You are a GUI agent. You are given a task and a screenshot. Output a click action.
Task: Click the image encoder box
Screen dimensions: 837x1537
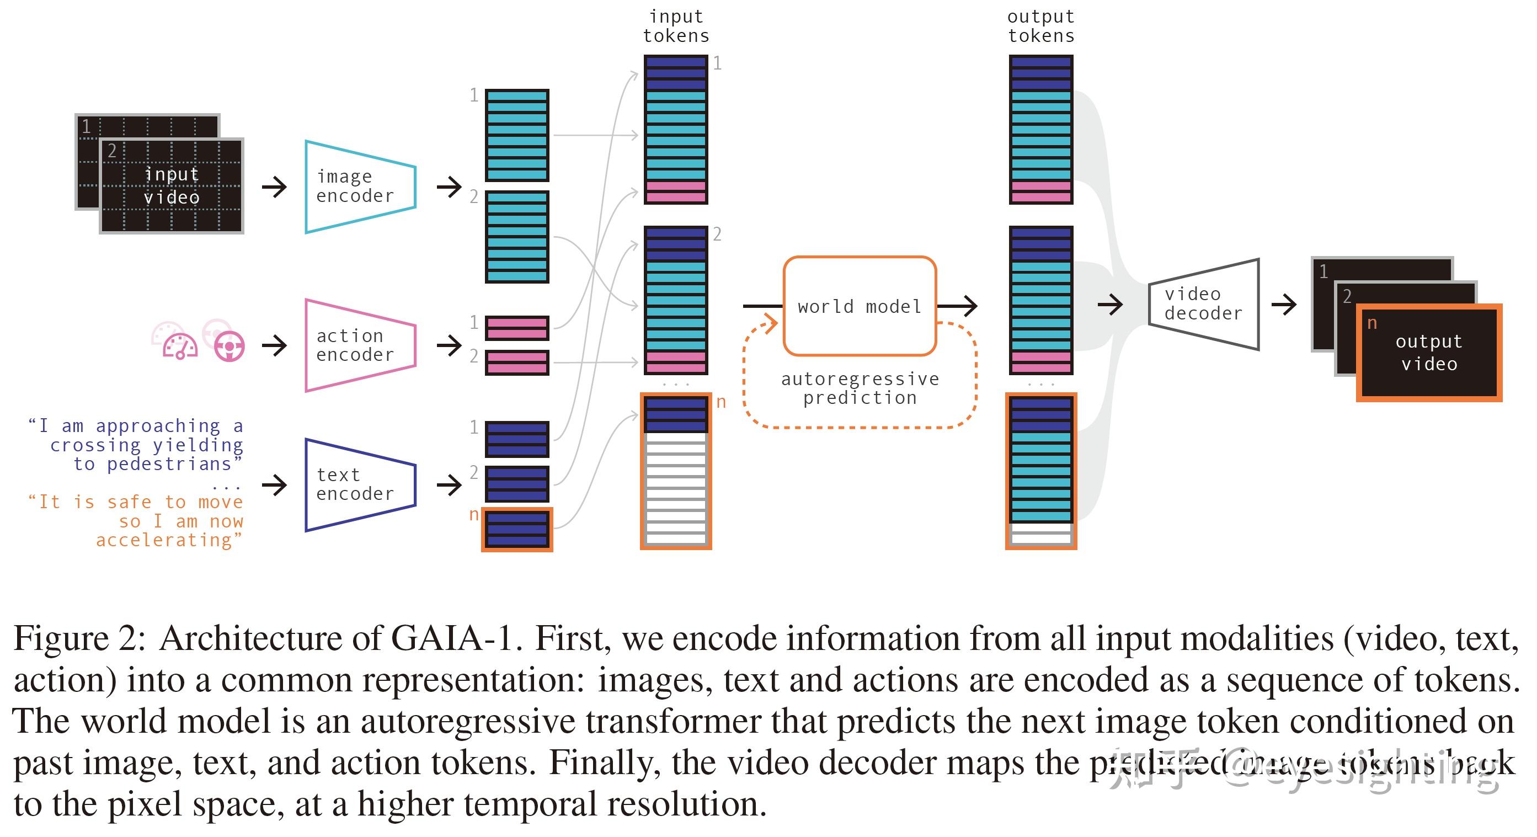(360, 186)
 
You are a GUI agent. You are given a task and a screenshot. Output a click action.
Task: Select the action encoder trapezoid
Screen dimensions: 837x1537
(360, 345)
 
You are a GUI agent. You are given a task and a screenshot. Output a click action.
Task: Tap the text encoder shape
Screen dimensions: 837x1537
(360, 484)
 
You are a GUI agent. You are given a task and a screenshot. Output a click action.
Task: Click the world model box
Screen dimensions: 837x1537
(859, 306)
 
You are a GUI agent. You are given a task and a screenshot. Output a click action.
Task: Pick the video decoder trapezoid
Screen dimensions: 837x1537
(1203, 304)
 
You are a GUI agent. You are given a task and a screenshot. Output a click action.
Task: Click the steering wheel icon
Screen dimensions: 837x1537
(229, 346)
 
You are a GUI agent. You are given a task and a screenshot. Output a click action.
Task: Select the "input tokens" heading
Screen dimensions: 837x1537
(676, 26)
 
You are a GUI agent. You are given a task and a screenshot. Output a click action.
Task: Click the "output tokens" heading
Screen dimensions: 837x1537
(1040, 26)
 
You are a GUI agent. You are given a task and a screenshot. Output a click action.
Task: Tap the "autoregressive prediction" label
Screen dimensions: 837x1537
(859, 388)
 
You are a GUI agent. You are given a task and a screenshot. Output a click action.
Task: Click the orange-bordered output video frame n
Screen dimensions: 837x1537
(1429, 353)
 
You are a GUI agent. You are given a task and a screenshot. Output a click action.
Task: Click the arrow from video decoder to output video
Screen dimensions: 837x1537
(1284, 305)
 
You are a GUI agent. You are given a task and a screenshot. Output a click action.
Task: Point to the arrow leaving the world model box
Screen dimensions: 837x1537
(957, 306)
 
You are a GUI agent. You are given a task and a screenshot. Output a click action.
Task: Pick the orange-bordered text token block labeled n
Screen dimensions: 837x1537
(517, 529)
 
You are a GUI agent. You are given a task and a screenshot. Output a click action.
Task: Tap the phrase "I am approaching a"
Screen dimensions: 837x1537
(136, 426)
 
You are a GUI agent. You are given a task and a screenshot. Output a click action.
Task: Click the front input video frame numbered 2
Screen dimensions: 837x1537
(171, 186)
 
